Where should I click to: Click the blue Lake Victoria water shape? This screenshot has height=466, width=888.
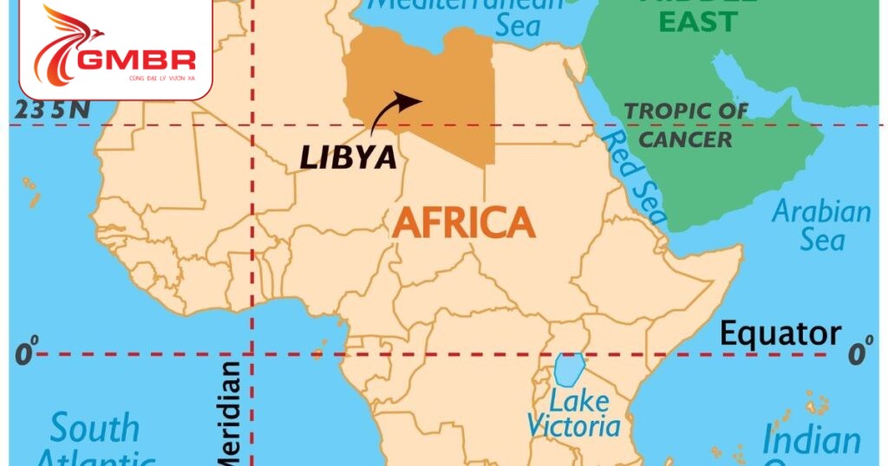pyautogui.click(x=568, y=370)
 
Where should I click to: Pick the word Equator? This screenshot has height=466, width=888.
pyautogui.click(x=780, y=333)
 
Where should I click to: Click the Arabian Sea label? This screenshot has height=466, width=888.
pyautogui.click(x=820, y=224)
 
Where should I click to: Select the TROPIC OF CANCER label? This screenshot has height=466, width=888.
pyautogui.click(x=686, y=124)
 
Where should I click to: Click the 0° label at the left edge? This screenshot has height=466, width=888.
pyautogui.click(x=26, y=353)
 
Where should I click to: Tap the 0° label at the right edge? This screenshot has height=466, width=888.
pyautogui.click(x=859, y=353)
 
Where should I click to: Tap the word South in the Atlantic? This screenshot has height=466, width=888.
pyautogui.click(x=94, y=428)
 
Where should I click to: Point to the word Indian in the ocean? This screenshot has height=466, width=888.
pyautogui.click(x=811, y=440)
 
